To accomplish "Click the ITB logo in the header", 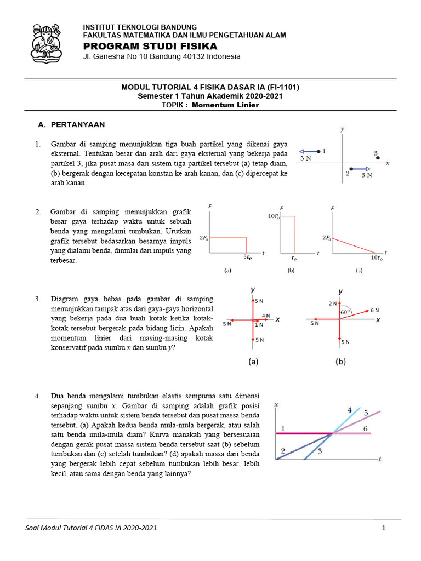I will [48, 42].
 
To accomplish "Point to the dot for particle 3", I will [378, 158].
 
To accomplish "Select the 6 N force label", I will [376, 310].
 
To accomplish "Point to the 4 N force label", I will [265, 316].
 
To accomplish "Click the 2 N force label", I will [333, 303].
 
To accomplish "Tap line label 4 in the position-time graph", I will [349, 410].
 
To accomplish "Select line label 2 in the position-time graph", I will [283, 451].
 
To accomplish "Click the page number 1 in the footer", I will [384, 528].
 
